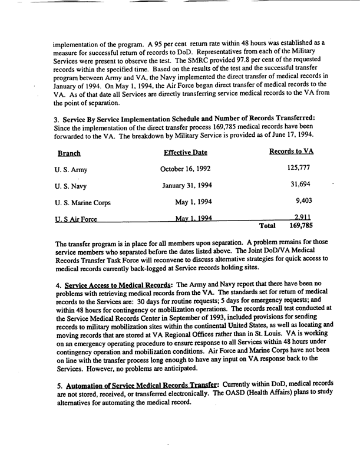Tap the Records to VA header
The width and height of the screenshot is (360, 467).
coord(291,152)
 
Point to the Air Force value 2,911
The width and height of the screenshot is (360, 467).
coord(303,218)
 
